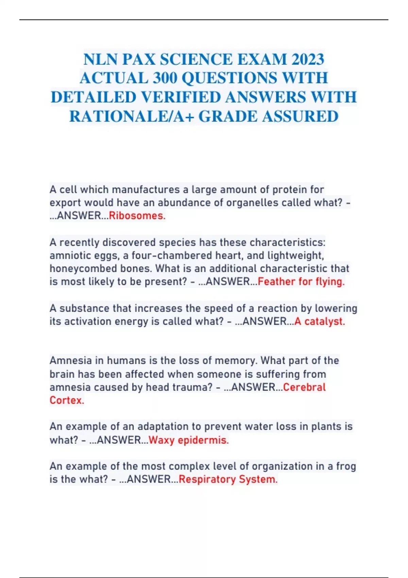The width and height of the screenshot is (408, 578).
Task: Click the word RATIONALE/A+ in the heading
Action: [131, 117]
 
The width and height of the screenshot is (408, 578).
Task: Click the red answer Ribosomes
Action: [137, 216]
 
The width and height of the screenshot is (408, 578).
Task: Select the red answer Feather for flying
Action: [301, 282]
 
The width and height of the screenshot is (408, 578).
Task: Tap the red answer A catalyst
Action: [320, 321]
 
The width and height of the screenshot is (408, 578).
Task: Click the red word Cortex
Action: [67, 400]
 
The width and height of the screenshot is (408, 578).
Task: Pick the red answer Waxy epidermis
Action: [189, 440]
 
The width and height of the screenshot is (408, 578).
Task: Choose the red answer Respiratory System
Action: [228, 479]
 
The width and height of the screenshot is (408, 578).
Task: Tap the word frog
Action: [346, 466]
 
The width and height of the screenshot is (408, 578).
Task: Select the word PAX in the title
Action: [139, 60]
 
